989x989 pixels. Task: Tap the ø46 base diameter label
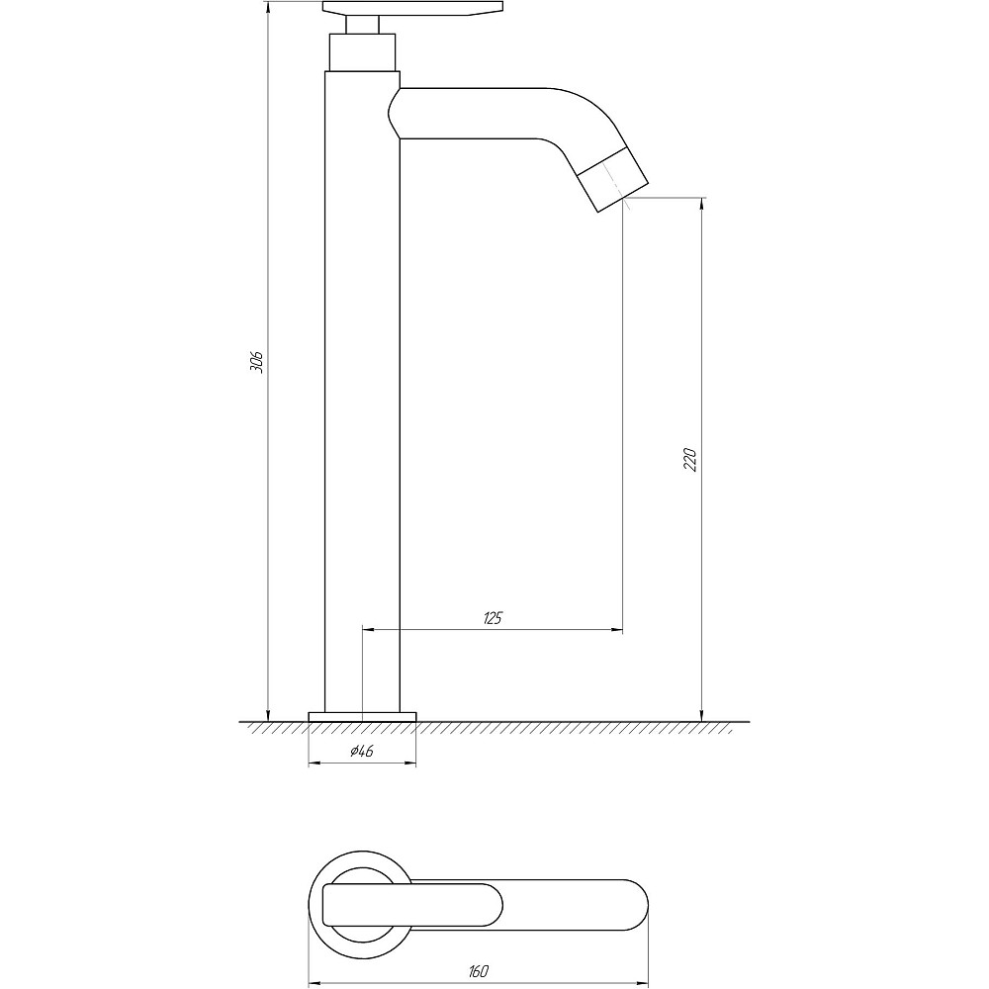coord(362,753)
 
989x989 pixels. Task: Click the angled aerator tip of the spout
coord(612,179)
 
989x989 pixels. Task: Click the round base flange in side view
coord(362,716)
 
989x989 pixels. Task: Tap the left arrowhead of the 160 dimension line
coord(315,984)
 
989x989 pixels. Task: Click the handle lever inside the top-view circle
coord(366,904)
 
